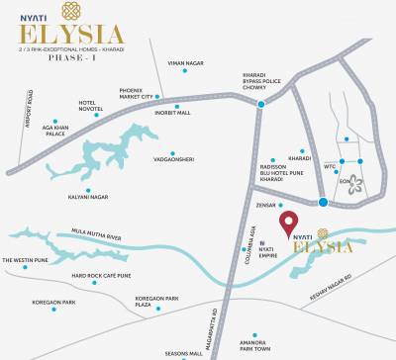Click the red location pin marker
point(288,224)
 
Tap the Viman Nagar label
point(186,62)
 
